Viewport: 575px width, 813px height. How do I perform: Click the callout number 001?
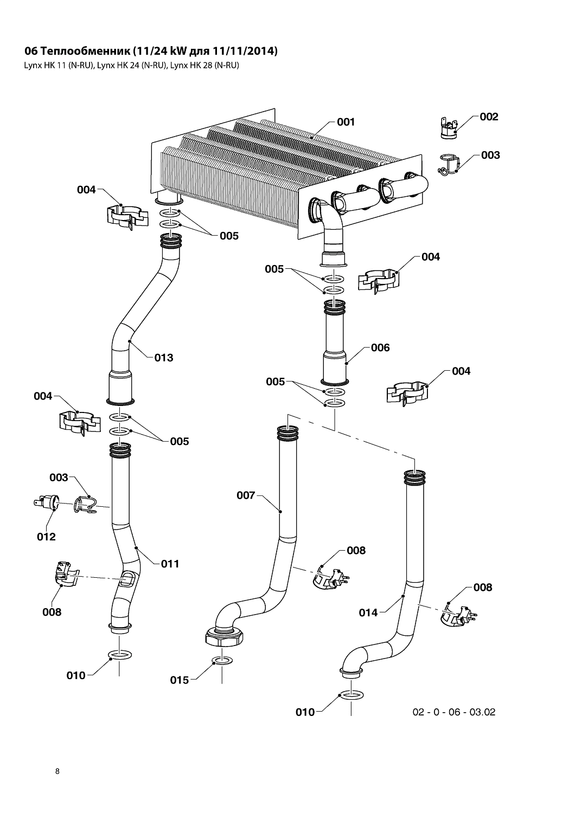[346, 122]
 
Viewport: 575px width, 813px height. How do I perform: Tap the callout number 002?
[489, 117]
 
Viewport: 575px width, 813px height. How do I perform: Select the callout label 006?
[380, 348]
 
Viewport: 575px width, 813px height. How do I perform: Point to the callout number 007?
[246, 495]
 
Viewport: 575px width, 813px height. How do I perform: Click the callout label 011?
[170, 564]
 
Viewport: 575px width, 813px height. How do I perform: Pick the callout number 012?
[47, 537]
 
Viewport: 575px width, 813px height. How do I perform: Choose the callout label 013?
[164, 358]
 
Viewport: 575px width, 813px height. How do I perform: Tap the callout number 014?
[368, 612]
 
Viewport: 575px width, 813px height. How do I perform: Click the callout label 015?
[180, 680]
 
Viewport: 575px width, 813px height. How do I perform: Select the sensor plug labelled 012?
[46, 502]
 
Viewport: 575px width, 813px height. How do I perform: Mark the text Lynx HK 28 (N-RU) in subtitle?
[205, 66]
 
